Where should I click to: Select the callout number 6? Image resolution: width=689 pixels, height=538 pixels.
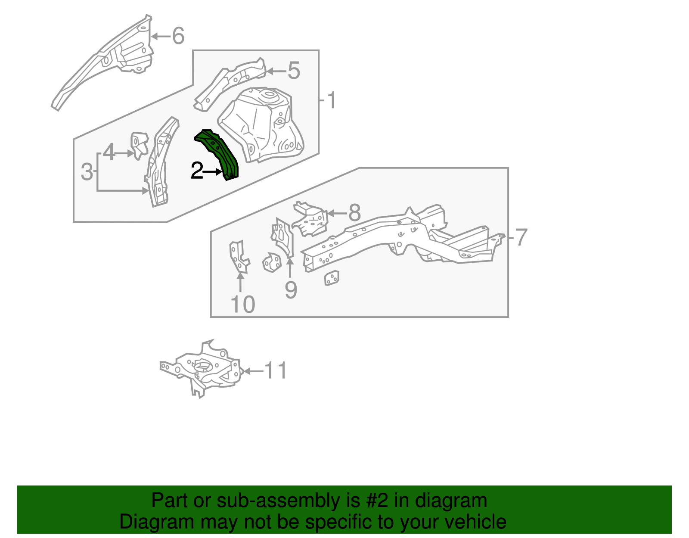coord(178,36)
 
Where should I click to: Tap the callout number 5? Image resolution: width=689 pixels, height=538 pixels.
coord(294,71)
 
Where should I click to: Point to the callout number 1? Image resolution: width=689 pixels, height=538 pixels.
coord(331,100)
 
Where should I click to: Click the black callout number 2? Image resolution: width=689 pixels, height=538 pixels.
coord(197,171)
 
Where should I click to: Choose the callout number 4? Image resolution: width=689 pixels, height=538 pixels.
coord(109,153)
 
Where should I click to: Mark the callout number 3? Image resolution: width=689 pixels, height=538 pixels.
coord(87,172)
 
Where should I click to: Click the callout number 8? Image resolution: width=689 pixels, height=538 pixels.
coord(354,213)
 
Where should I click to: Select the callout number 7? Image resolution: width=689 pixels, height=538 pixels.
coord(521,237)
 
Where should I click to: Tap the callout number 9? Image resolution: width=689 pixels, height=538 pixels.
coord(291,289)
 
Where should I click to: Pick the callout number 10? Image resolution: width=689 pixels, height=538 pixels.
coord(243,305)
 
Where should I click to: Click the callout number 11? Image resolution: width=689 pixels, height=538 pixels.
coord(275,370)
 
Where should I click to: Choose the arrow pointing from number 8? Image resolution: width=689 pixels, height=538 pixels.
coord(337,213)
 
